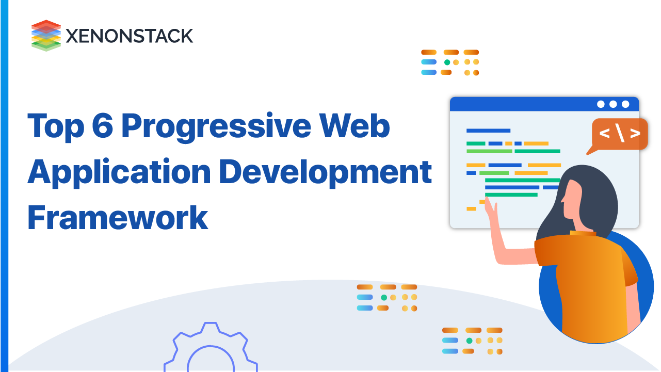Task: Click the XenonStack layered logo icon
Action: click(46, 35)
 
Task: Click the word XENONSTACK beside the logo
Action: click(130, 36)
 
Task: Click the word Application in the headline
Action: click(119, 172)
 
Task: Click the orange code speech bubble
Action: click(619, 134)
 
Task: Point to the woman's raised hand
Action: click(490, 212)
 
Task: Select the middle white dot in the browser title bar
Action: click(613, 104)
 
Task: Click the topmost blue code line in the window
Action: click(488, 131)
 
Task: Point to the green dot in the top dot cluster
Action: click(447, 62)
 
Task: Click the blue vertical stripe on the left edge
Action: click(4, 186)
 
